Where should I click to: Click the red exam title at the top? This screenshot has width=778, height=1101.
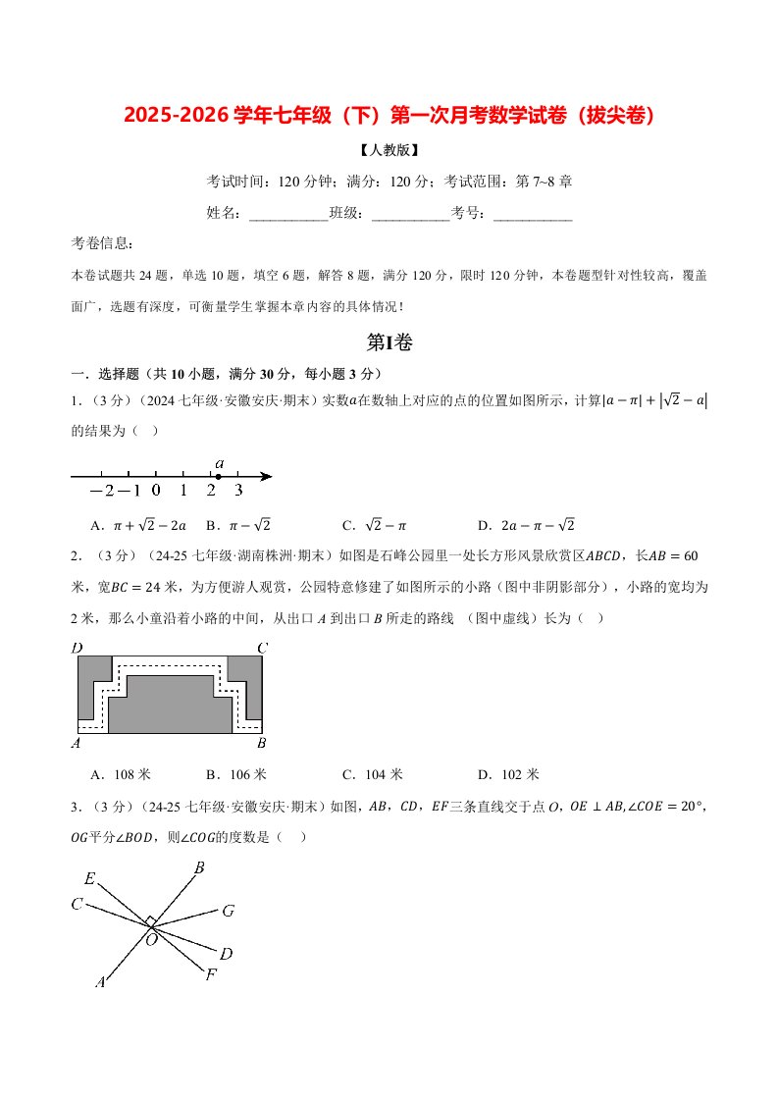(x=389, y=115)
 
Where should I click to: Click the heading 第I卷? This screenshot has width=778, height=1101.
(x=389, y=341)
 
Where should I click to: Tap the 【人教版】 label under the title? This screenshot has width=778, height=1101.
(x=389, y=151)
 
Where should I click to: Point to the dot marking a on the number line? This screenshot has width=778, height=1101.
(x=218, y=476)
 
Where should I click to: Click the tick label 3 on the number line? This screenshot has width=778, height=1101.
(x=238, y=491)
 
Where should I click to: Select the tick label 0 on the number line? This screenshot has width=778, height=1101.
(x=156, y=491)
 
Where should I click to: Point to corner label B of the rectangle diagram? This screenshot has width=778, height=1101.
(x=261, y=743)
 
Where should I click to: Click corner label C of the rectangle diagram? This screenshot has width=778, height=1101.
(x=261, y=648)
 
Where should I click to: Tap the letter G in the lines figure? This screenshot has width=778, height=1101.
(x=228, y=911)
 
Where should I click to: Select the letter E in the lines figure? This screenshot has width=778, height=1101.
(x=89, y=879)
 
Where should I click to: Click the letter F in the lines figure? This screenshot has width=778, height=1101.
(x=210, y=974)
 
